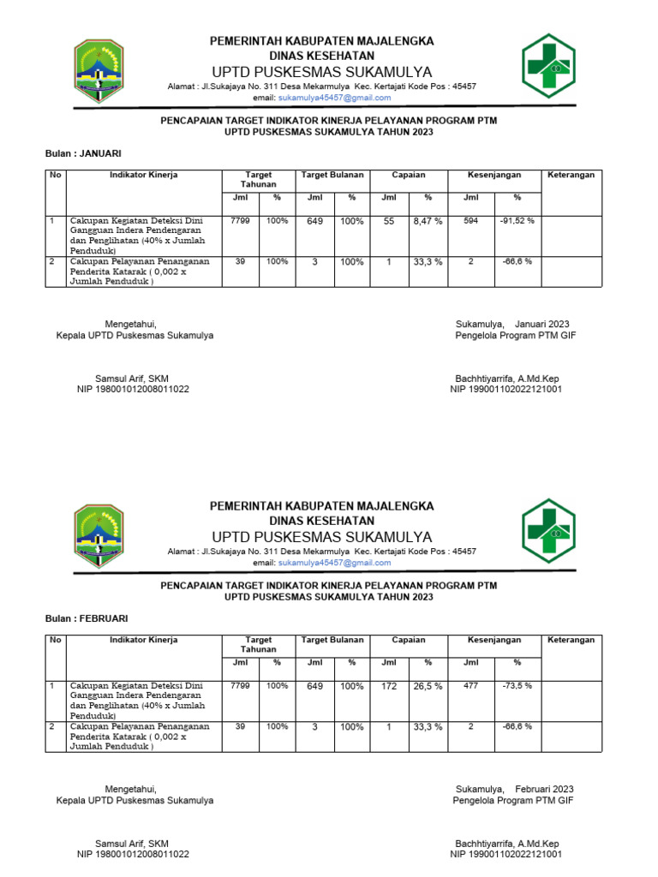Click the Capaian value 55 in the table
(389, 221)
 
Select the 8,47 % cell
(428, 221)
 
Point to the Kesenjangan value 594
(471, 221)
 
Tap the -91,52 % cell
(517, 221)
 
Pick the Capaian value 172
(389, 686)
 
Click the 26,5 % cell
(428, 686)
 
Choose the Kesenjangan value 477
(471, 686)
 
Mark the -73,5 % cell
(517, 686)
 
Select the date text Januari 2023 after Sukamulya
(542, 324)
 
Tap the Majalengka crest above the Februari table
(99, 537)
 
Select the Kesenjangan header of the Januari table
(494, 175)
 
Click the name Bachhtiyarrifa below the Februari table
(484, 844)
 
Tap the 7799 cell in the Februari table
(241, 685)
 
